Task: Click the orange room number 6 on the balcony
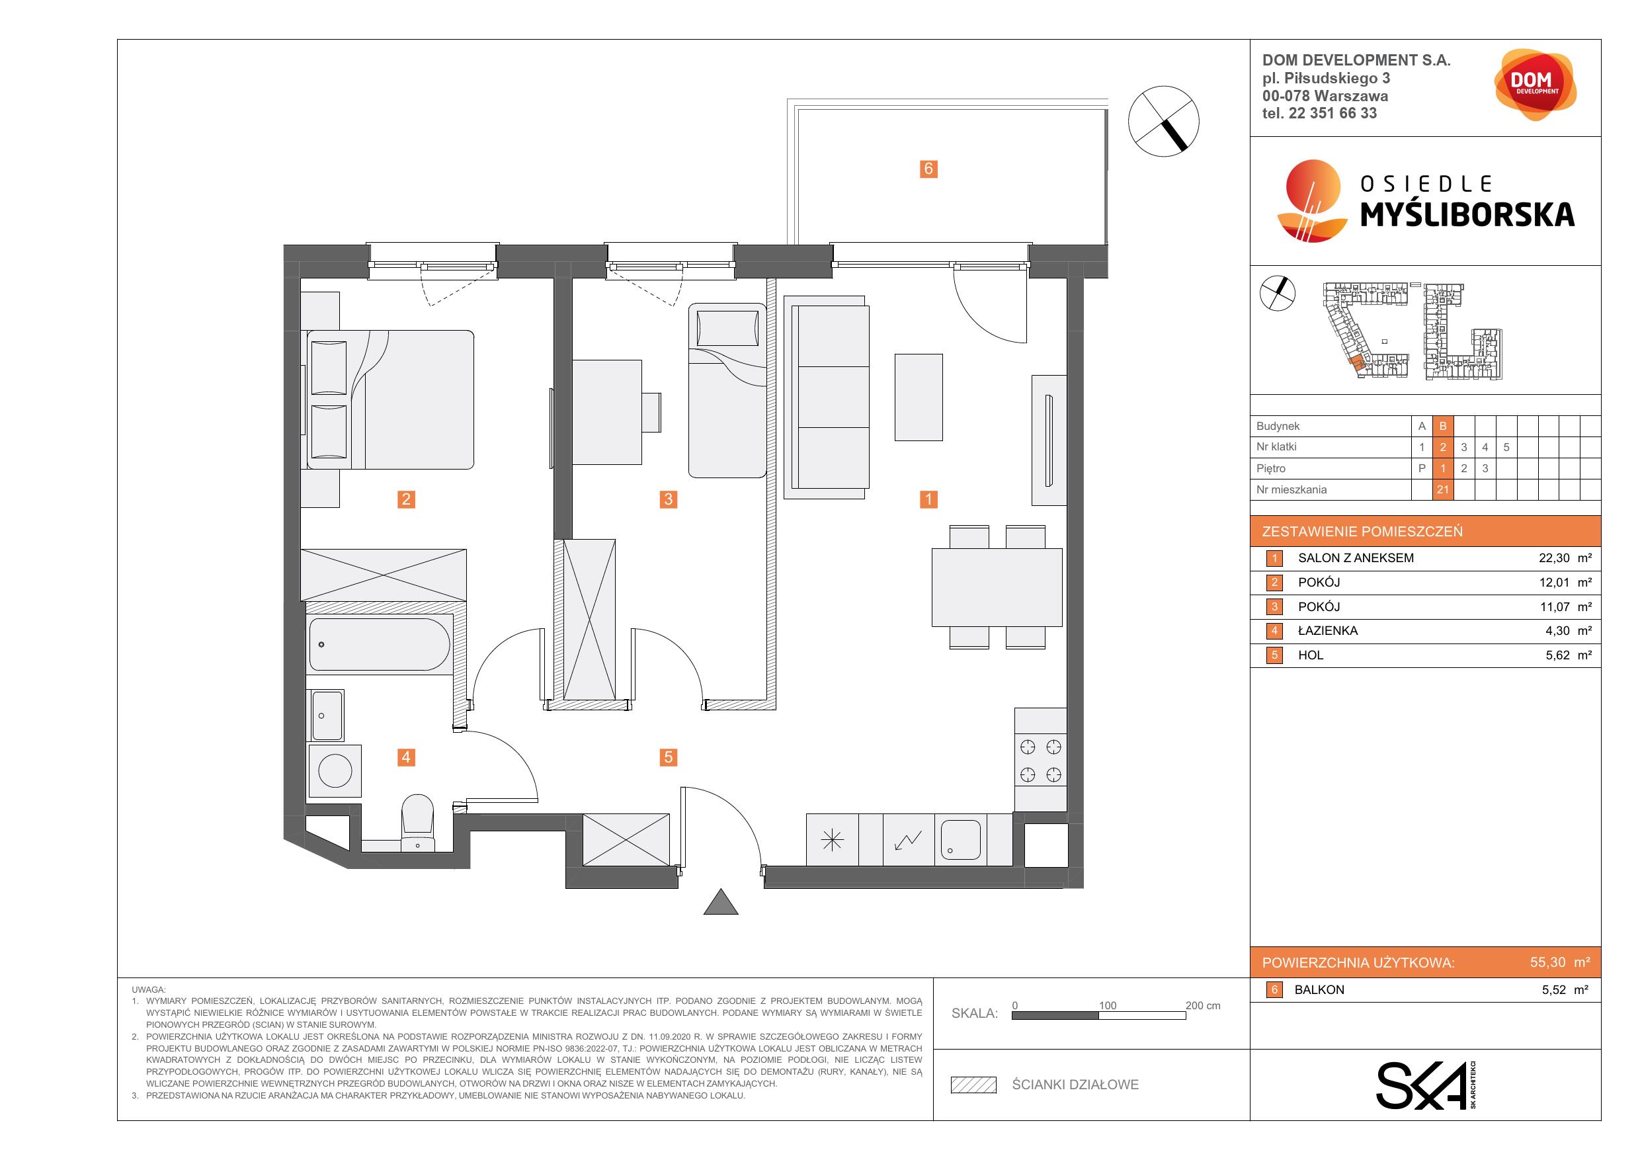coord(928,169)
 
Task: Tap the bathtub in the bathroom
coord(380,643)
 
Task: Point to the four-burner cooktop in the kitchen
coord(1041,761)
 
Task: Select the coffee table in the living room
coord(919,397)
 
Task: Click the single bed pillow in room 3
coord(727,329)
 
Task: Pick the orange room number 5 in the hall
coord(669,757)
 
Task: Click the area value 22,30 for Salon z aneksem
coord(1554,559)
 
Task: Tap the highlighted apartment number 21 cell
coord(1443,489)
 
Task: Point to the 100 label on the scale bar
coord(1107,1006)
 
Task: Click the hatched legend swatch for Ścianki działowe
coord(973,1085)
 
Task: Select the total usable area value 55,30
coord(1548,962)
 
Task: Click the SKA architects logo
coord(1426,1085)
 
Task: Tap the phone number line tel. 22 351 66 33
coord(1319,113)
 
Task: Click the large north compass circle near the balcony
coord(1164,121)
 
